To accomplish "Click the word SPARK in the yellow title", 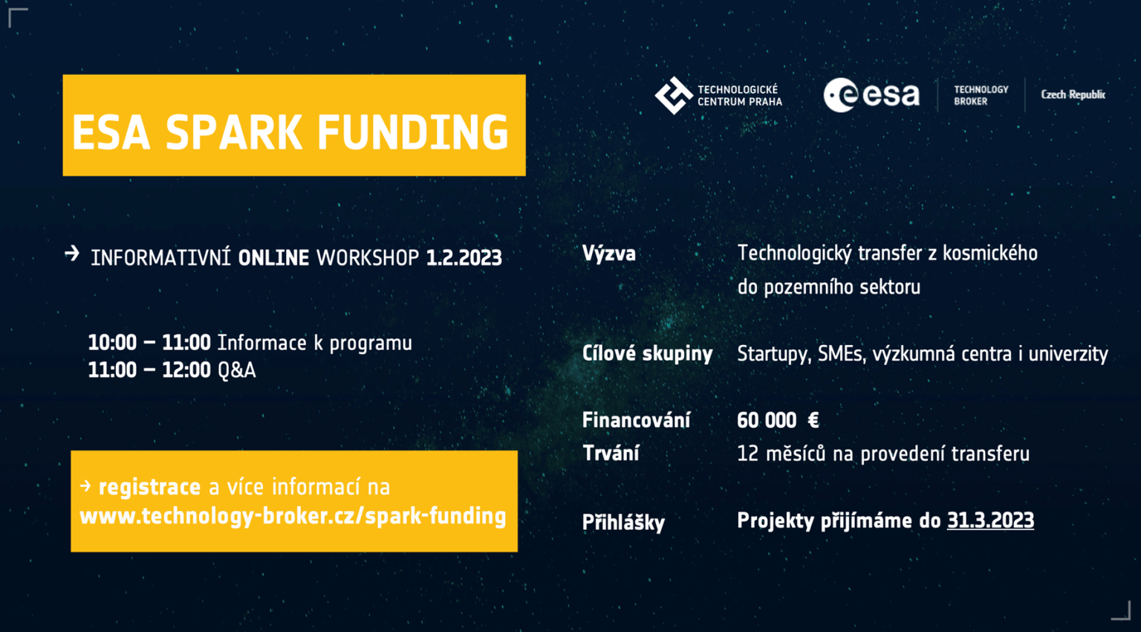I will (233, 133).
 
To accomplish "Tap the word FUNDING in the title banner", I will (412, 133).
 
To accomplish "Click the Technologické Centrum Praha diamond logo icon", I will (673, 95).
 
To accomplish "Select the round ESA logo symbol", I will (840, 95).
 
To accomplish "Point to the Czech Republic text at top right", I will (1073, 94).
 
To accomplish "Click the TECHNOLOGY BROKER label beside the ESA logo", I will (981, 95).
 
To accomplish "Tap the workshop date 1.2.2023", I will (464, 258).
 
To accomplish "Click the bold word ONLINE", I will (273, 258).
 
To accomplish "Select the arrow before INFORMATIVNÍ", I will (72, 254).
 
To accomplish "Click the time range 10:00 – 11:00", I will (149, 343).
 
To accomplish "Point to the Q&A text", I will (236, 370).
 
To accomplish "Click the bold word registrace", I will (149, 487).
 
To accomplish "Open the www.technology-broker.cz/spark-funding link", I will (293, 516).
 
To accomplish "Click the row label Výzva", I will (609, 254).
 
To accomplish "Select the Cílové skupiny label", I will (647, 353).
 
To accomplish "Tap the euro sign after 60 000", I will (813, 420).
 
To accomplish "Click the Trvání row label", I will (611, 454).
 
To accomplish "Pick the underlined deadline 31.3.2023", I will (990, 520).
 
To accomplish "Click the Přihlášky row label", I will (623, 523).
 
